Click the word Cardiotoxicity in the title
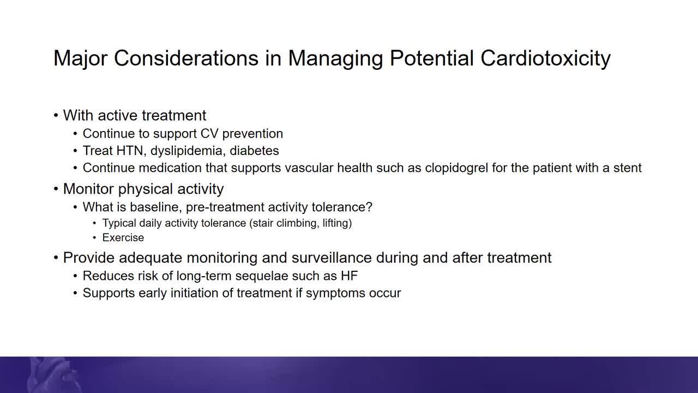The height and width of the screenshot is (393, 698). click(545, 58)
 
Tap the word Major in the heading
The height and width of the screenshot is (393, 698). click(80, 58)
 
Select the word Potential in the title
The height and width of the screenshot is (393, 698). click(431, 58)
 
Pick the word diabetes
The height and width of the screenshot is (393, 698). click(254, 151)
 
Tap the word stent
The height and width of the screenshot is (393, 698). click(628, 168)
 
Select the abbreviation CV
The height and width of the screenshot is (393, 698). click(209, 134)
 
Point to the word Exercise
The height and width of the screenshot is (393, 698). click(123, 237)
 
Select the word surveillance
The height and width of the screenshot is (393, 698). click(332, 258)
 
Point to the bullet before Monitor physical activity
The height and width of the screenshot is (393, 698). click(56, 189)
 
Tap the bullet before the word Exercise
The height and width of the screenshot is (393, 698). click(94, 238)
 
